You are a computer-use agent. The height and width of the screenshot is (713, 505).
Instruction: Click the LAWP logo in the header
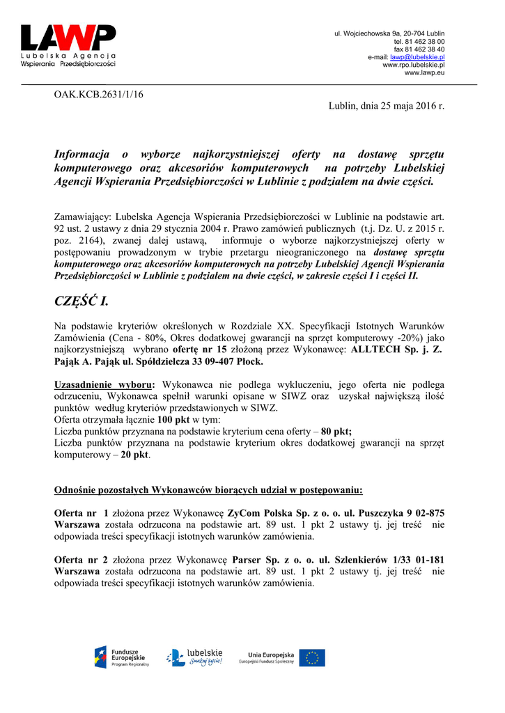pyautogui.click(x=68, y=45)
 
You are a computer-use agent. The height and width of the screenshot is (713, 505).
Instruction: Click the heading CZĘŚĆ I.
pyautogui.click(x=81, y=301)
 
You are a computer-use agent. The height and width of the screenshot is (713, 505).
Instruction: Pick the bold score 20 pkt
pyautogui.click(x=135, y=455)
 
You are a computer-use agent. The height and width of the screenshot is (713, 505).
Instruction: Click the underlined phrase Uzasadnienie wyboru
pyautogui.click(x=104, y=384)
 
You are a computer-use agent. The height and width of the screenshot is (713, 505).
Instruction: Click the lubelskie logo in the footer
pyautogui.click(x=194, y=657)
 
